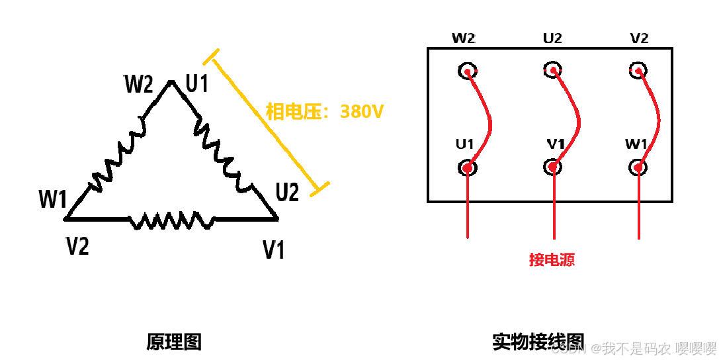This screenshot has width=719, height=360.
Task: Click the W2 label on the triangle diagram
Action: pyautogui.click(x=139, y=85)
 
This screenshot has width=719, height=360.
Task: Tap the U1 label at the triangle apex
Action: pyautogui.click(x=197, y=84)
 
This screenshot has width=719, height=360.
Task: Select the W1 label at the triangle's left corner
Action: pyautogui.click(x=53, y=199)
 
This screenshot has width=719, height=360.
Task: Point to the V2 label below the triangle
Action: pyautogui.click(x=77, y=246)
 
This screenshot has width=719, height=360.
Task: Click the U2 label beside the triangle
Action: pyautogui.click(x=287, y=193)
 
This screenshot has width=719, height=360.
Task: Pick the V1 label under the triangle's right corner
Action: pyautogui.click(x=273, y=250)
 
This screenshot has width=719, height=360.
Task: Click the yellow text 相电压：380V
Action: pyautogui.click(x=324, y=112)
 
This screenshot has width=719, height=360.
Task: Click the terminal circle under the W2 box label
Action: pyautogui.click(x=467, y=71)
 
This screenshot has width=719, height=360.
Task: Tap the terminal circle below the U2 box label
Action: pyautogui.click(x=553, y=70)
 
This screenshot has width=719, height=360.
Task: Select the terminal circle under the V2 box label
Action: pyautogui.click(x=638, y=70)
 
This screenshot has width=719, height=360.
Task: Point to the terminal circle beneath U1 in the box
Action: pyautogui.click(x=467, y=167)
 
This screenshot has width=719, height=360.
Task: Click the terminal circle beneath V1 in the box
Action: pyautogui.click(x=553, y=167)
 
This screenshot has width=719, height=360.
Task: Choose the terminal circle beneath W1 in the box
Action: pyautogui.click(x=638, y=167)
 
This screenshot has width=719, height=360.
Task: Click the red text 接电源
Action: pyautogui.click(x=552, y=259)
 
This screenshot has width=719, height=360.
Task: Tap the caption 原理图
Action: pyautogui.click(x=173, y=342)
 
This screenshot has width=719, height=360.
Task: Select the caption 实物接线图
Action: pyautogui.click(x=538, y=341)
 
